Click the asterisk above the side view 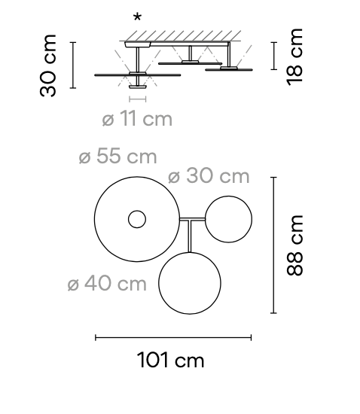[137, 17]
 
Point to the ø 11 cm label [136, 118]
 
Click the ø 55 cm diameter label [117, 157]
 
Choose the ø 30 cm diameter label [208, 176]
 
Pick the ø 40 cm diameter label [106, 284]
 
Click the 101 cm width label [171, 361]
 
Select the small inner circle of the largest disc [137, 220]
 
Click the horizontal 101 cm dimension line [172, 338]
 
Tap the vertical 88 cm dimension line [273, 245]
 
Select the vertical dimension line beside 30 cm [73, 65]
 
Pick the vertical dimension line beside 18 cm [273, 55]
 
